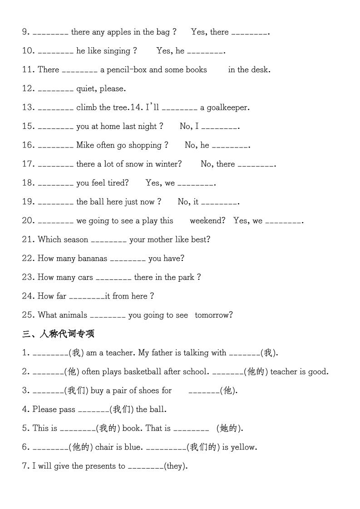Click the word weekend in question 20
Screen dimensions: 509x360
(x=207, y=221)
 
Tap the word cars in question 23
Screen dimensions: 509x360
(x=85, y=278)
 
